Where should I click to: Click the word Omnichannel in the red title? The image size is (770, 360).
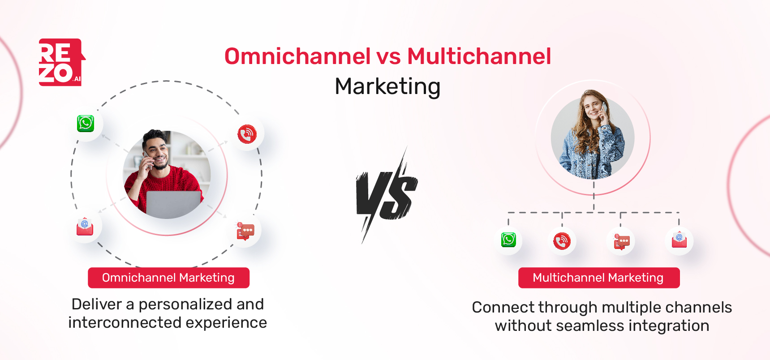[297, 56]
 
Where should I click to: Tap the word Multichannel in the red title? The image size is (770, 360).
[479, 56]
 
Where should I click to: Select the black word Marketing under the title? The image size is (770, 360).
[387, 86]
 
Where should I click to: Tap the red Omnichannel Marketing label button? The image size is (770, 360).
[168, 278]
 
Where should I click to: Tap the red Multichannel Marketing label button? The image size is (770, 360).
[598, 278]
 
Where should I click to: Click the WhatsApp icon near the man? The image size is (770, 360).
[86, 124]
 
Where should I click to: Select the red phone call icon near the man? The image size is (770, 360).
[247, 134]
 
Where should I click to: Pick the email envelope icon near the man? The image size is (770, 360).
[85, 227]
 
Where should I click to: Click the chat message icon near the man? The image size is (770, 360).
[245, 231]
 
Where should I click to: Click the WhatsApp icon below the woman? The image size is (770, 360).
[508, 240]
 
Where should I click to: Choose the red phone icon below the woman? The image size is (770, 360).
[562, 241]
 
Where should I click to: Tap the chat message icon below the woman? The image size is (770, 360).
[621, 242]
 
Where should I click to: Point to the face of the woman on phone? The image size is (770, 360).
[593, 107]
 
